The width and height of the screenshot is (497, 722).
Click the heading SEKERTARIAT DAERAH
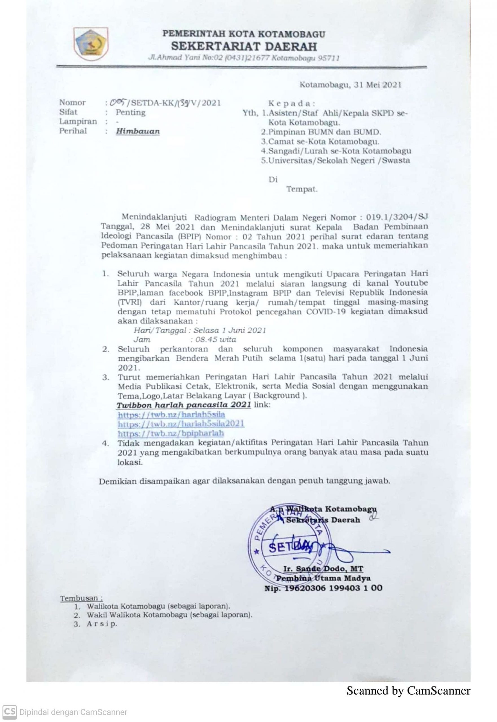tap(244, 46)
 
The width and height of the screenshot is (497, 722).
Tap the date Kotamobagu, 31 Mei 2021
tap(350, 85)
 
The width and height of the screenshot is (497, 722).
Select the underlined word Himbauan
tap(138, 131)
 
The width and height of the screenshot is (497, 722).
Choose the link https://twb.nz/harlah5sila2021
tap(181, 424)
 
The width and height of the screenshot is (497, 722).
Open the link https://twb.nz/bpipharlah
tap(171, 433)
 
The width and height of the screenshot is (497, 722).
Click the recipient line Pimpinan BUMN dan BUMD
tap(321, 132)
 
